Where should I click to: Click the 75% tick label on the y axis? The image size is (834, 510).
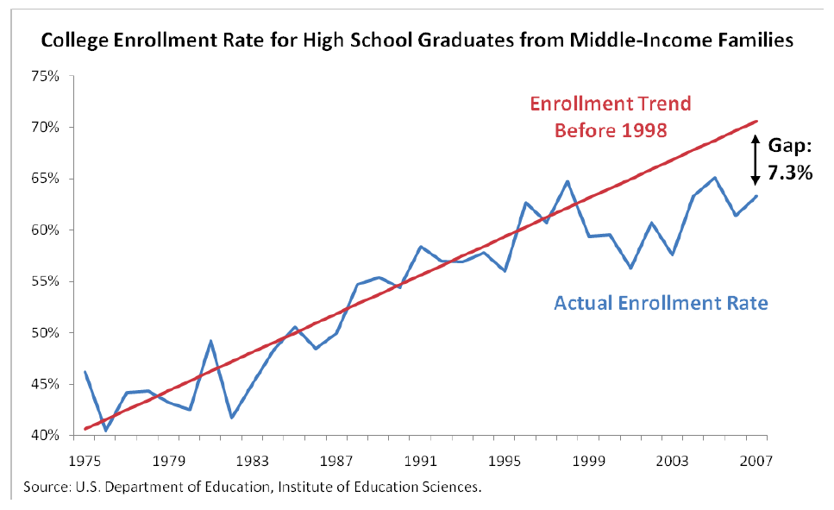(x=46, y=76)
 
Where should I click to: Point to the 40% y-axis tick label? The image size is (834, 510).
(x=46, y=436)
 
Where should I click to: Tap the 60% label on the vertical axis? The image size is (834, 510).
(x=46, y=230)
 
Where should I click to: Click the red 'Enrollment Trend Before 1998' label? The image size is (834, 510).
(x=610, y=117)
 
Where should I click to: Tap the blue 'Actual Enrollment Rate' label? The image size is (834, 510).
(x=661, y=304)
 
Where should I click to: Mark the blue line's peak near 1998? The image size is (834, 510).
(x=567, y=181)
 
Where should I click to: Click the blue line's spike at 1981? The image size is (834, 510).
(x=210, y=341)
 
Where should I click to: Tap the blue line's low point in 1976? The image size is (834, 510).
(x=105, y=430)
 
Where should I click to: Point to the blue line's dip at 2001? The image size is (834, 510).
(x=630, y=268)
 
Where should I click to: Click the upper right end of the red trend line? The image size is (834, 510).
(x=756, y=122)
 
